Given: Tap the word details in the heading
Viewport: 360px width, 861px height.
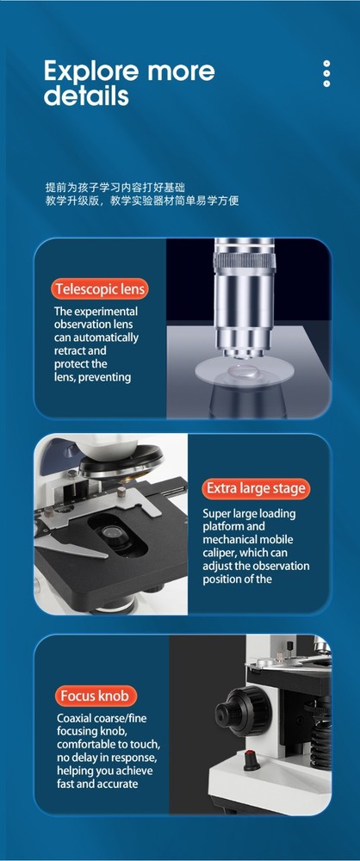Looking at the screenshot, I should coord(86,96).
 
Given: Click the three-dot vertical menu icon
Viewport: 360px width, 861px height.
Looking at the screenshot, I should coord(326,74).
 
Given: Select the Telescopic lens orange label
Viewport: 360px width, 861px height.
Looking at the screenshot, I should coord(100,289).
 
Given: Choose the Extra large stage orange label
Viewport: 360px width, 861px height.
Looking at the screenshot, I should coord(255,488).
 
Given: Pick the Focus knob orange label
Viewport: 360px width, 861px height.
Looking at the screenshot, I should coord(97,696).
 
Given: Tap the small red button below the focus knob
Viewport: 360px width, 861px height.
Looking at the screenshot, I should coord(251,760).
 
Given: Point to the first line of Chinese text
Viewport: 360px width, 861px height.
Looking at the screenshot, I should coord(115,187).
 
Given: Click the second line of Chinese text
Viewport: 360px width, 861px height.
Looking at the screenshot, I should coord(141,201).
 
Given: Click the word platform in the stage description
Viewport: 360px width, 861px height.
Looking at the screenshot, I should coord(225,526).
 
